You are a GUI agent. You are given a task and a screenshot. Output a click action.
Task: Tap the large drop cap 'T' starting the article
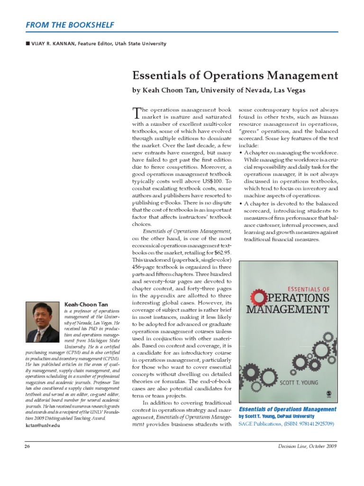pos(136,113)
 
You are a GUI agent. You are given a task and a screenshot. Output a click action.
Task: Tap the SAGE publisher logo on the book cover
pos(328,393)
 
